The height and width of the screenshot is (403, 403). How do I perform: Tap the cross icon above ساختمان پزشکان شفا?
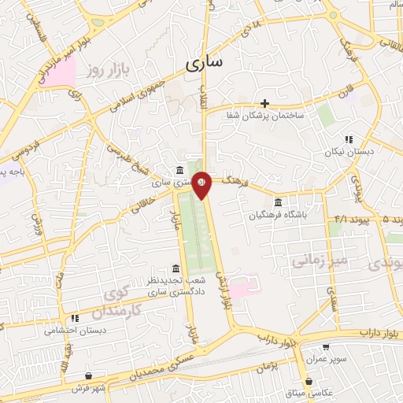(x=265, y=103)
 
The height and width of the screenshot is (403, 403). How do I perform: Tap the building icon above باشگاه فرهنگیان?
(x=278, y=201)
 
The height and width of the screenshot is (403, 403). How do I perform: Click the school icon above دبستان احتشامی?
(x=76, y=319)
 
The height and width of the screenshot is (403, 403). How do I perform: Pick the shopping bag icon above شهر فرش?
(x=91, y=376)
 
